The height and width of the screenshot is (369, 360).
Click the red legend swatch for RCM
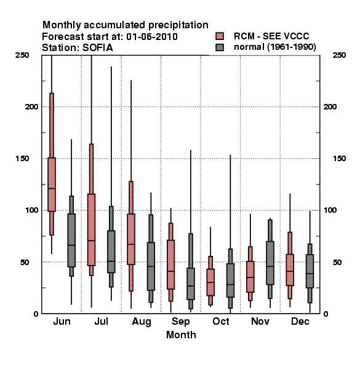coord(220,36)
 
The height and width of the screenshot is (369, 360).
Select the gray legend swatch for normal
coord(220,47)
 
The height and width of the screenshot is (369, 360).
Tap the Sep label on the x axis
coord(180,322)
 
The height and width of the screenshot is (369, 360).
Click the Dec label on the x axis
coord(300,322)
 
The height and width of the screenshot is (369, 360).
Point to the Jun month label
coord(62,322)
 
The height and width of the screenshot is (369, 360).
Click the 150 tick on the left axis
coord(22,159)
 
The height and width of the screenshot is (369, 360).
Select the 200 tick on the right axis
coord(330,107)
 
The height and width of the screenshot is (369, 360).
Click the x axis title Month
coord(181,335)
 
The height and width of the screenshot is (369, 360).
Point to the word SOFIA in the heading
coord(98,48)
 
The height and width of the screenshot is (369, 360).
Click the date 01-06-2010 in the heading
coord(152,37)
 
